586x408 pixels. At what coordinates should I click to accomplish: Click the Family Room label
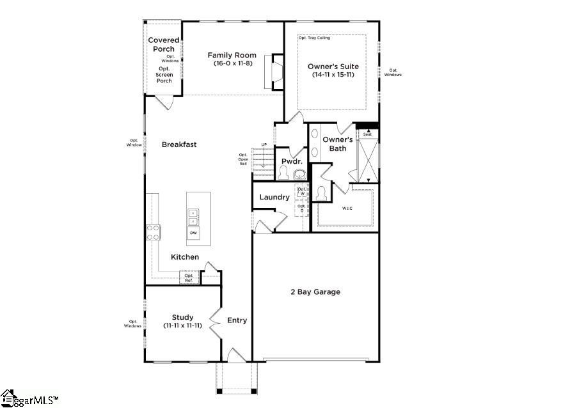(232, 55)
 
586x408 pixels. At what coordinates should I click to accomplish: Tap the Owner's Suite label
(333, 67)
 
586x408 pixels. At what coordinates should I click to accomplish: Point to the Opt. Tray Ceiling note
(313, 38)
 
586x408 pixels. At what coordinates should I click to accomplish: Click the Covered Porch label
(163, 44)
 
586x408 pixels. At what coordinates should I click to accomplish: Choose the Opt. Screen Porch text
(164, 75)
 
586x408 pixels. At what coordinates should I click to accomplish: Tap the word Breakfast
(179, 145)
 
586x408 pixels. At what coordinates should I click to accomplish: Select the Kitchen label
(185, 257)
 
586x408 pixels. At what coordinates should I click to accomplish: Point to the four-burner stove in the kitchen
(154, 232)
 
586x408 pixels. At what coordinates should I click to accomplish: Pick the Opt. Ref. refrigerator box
(189, 278)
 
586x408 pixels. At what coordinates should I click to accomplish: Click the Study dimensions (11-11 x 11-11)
(182, 326)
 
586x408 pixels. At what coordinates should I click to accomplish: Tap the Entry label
(237, 320)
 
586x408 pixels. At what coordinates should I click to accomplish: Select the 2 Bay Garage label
(314, 292)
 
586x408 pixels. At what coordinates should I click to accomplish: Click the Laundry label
(274, 197)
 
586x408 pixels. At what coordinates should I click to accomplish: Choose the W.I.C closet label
(347, 208)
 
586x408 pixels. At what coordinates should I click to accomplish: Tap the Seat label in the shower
(367, 134)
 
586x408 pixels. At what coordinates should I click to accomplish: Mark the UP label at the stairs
(264, 145)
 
